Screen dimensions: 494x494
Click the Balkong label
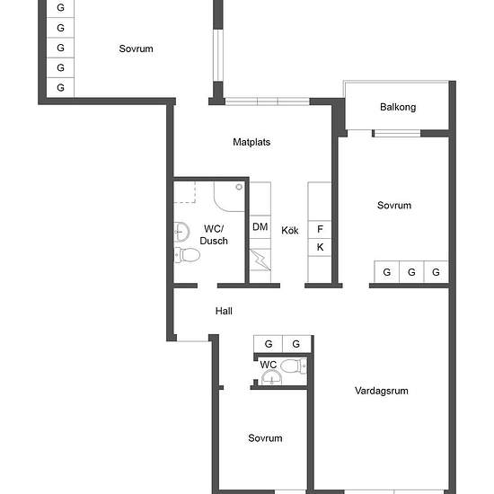click(x=398, y=107)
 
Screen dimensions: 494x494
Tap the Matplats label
click(x=251, y=142)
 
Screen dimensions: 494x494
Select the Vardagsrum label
click(x=381, y=391)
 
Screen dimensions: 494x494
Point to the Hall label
click(x=224, y=311)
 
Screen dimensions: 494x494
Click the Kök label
click(x=290, y=230)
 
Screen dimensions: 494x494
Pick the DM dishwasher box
click(x=260, y=227)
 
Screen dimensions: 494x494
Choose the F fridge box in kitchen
click(x=320, y=229)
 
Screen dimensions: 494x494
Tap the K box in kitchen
click(x=320, y=247)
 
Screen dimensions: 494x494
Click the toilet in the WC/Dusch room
click(x=188, y=254)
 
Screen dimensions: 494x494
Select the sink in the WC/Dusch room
click(x=181, y=232)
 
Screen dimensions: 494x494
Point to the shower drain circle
click(x=239, y=187)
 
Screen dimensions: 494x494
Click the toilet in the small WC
click(x=293, y=366)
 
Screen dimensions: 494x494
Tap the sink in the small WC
click(x=271, y=377)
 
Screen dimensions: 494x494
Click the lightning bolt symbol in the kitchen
click(x=260, y=260)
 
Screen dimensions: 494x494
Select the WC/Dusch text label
click(x=214, y=234)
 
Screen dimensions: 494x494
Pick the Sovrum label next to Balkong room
click(x=394, y=206)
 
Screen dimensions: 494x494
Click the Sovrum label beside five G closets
click(x=137, y=49)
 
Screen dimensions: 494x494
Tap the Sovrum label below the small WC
click(x=265, y=438)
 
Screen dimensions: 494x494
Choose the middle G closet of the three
click(x=411, y=271)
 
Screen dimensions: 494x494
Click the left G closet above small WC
click(x=269, y=344)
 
